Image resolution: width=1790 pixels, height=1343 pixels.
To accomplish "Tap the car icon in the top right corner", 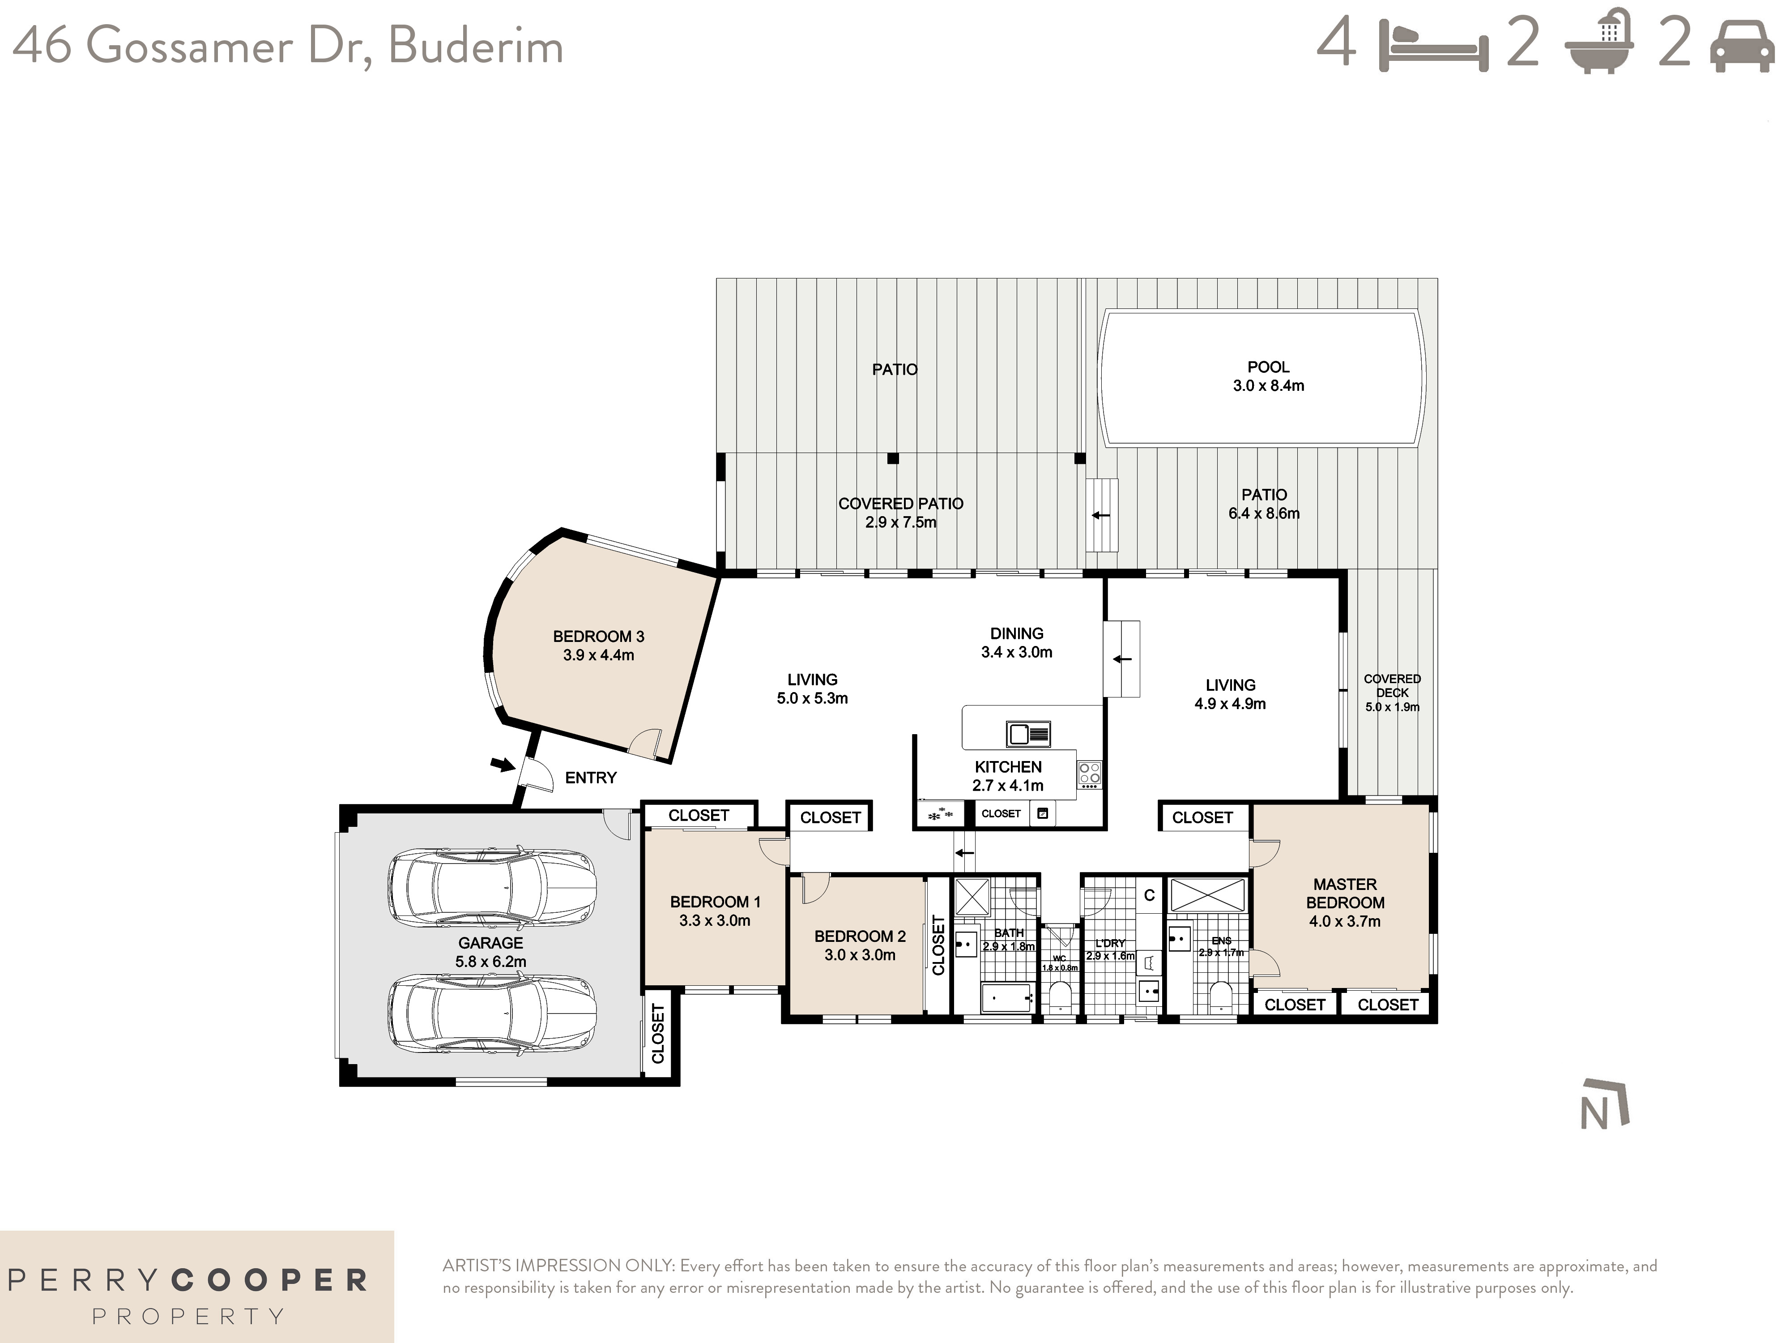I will point(1742,47).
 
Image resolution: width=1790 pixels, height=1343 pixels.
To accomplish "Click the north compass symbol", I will point(1605,1105).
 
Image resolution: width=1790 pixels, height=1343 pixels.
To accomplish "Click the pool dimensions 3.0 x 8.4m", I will point(1268,386).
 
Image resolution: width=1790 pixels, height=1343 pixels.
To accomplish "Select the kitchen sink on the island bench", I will point(1028,733).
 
